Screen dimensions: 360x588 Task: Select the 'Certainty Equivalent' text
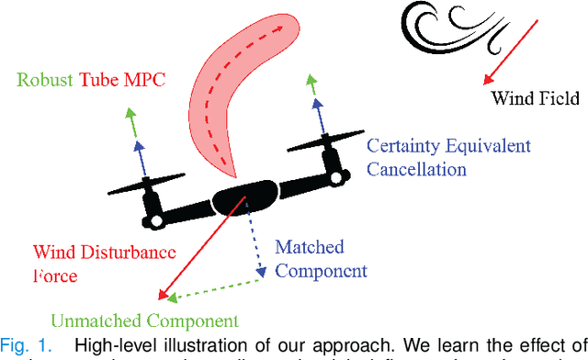[x=448, y=146]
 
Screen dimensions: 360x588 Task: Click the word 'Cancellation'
[x=416, y=169]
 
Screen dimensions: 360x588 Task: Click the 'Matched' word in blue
[x=310, y=247]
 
